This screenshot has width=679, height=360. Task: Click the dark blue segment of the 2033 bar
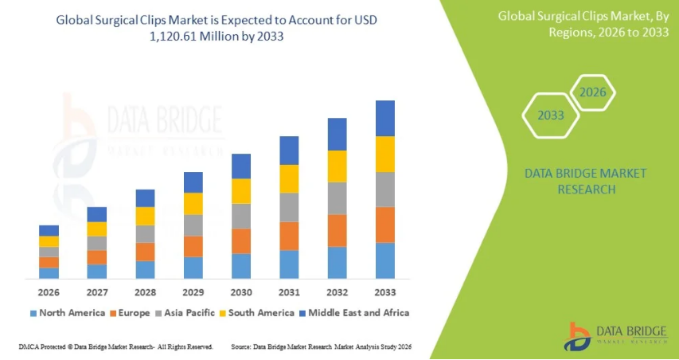coord(385,118)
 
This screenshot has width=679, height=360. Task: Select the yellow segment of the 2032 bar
coord(337,166)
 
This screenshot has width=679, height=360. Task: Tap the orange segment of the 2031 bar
coord(289,236)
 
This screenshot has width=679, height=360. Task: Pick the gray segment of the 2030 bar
coord(241,216)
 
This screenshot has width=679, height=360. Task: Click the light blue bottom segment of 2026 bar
coord(49,273)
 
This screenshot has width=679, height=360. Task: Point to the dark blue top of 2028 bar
coord(145,198)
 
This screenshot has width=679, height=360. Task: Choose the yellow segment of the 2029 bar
coord(193,204)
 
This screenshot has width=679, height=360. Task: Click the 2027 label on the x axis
coord(97,292)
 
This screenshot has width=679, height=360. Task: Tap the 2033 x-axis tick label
coord(385,292)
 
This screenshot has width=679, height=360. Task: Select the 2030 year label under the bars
coord(241,292)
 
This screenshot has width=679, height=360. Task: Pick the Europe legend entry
coord(131,313)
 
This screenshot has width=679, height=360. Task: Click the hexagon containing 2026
coord(592,92)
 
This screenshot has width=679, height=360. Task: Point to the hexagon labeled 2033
coord(550,115)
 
